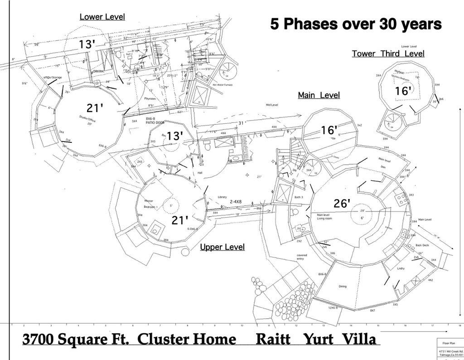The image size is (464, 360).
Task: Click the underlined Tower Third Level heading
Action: tap(388, 54)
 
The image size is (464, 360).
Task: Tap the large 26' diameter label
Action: tap(342, 204)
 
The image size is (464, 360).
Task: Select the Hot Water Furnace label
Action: tap(222, 84)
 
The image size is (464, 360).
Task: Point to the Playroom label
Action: tap(150, 98)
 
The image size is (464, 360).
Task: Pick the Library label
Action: tap(222, 197)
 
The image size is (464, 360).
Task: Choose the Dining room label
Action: tap(343, 287)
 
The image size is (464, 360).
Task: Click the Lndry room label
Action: tap(401, 269)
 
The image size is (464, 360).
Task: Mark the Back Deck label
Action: tap(422, 245)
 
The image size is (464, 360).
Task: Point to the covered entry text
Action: tap(302, 257)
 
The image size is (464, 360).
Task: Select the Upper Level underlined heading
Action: tap(222, 247)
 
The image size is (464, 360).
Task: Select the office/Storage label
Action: tap(53, 78)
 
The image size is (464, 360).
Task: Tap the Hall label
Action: tap(200, 173)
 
